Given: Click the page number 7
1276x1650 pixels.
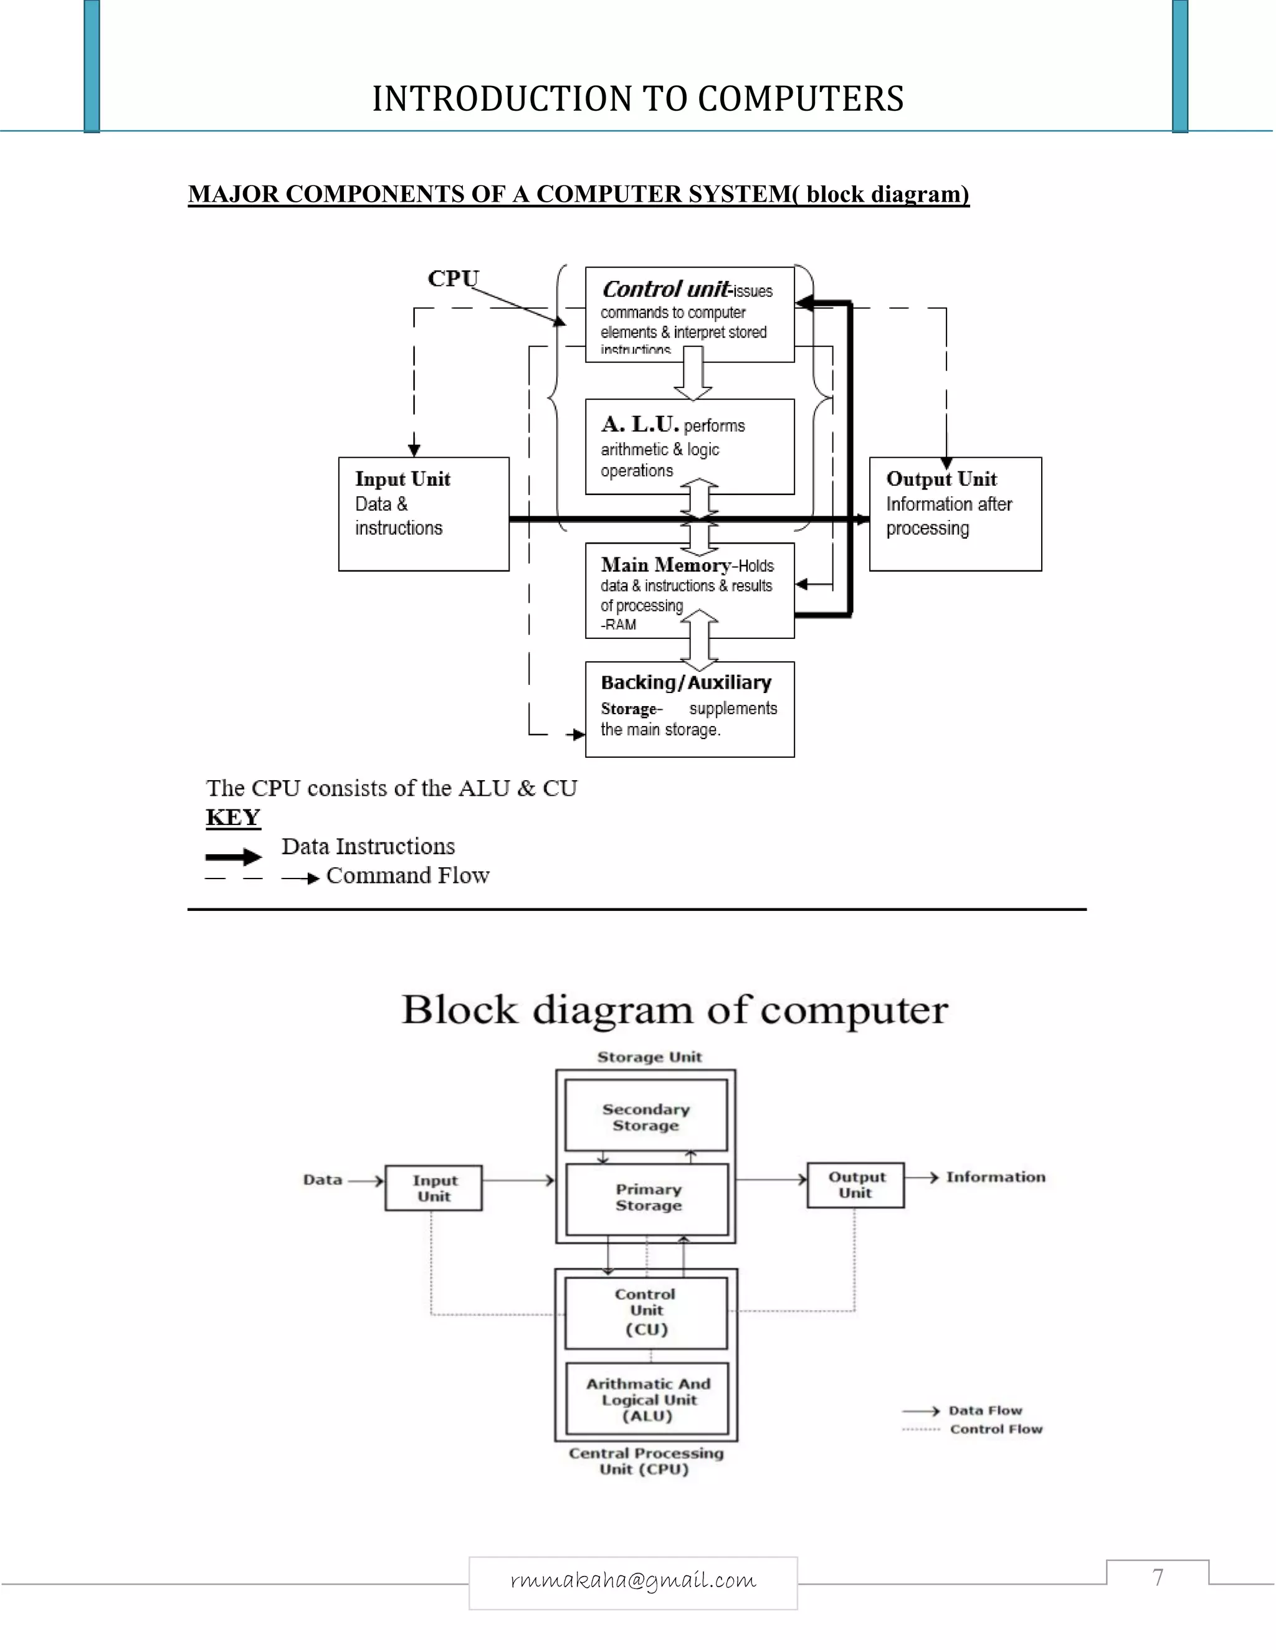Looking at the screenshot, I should pos(1158,1578).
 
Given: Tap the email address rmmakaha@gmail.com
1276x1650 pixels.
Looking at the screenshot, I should pos(633,1580).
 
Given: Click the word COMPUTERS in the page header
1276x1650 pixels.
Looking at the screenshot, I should pos(801,99).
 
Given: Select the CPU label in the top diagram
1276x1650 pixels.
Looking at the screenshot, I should pos(453,278).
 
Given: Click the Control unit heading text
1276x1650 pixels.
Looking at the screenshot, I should pos(666,290).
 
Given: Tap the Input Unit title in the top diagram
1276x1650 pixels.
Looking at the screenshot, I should pos(402,479).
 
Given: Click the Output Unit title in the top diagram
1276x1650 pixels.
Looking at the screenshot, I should pos(941,479).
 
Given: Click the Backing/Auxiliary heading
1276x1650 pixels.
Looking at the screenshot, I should pos(685,682).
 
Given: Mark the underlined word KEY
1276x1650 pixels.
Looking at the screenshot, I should pos(233,817).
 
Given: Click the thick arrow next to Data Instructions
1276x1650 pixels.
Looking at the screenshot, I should pos(234,857).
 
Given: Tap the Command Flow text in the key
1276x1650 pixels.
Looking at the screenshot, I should pos(407,875).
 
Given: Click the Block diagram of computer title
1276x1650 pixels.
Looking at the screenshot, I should pos(674,1009).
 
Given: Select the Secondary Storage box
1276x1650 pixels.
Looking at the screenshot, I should pos(646,1116).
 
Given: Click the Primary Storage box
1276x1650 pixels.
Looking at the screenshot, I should pos(648,1197).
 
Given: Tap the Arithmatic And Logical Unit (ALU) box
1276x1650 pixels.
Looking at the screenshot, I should pos(648,1399).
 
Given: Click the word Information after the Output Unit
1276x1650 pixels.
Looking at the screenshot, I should pos(996,1176).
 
